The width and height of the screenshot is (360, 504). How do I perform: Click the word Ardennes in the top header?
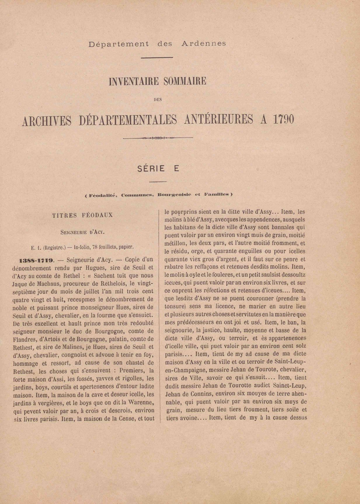(x=204, y=44)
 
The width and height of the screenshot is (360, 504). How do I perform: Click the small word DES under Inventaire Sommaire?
(x=158, y=100)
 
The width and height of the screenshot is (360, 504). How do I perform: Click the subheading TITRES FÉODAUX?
(x=83, y=215)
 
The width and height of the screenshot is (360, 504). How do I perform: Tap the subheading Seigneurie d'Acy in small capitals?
(x=82, y=233)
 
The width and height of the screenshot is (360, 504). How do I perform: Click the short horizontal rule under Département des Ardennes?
(x=157, y=58)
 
